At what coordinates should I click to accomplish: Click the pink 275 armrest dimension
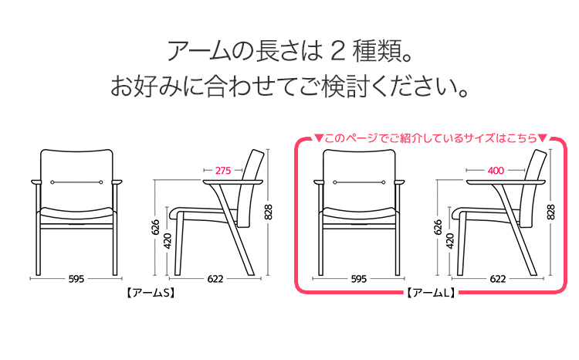(x=223, y=171)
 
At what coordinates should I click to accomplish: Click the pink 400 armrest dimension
(x=496, y=171)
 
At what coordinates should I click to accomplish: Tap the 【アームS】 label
(x=151, y=293)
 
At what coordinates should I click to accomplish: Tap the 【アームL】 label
(x=431, y=293)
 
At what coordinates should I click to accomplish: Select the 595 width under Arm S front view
(x=76, y=279)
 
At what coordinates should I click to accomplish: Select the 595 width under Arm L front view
(x=358, y=279)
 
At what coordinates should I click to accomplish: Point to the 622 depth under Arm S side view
(x=215, y=279)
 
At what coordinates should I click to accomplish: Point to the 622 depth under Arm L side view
(x=498, y=279)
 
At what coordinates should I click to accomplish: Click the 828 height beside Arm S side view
(x=269, y=212)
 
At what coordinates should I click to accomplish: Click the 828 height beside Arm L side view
(x=550, y=212)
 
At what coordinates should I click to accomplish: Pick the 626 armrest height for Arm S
(x=155, y=227)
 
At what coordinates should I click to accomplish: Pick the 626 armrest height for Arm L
(x=438, y=227)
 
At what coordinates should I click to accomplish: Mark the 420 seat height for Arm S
(x=168, y=241)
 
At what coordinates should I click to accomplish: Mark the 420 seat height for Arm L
(x=450, y=241)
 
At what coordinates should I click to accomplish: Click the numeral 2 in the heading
(x=338, y=51)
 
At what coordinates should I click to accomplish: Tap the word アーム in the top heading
(x=199, y=51)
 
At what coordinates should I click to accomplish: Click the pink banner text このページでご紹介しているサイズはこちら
(x=431, y=138)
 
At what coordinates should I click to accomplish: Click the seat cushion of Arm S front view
(x=76, y=213)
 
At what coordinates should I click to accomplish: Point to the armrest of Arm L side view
(x=506, y=182)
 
